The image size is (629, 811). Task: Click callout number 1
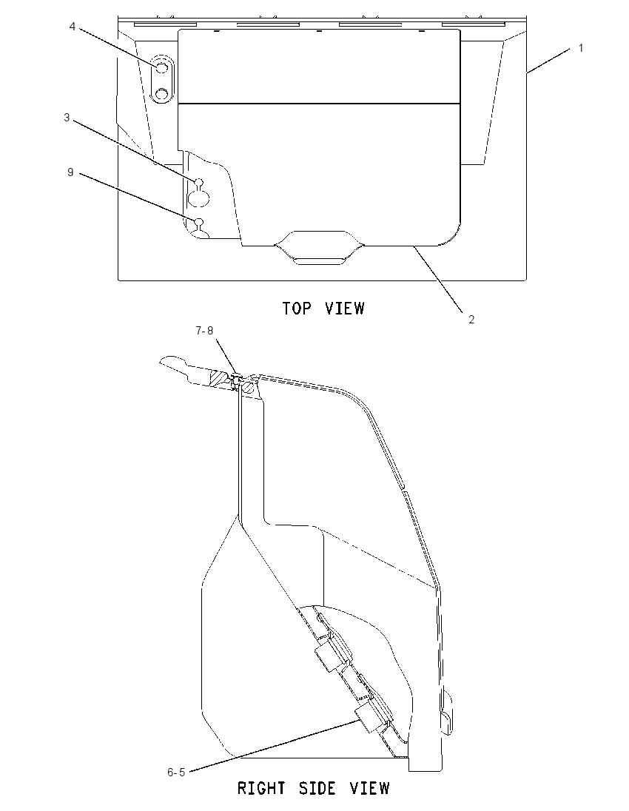pyautogui.click(x=581, y=48)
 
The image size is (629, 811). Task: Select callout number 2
pyautogui.click(x=471, y=320)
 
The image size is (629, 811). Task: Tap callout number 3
pyautogui.click(x=67, y=118)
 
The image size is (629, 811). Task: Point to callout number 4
pyautogui.click(x=73, y=27)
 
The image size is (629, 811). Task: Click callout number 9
pyautogui.click(x=71, y=172)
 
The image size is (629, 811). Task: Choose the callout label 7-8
pyautogui.click(x=204, y=331)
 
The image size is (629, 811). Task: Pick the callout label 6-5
pyautogui.click(x=176, y=773)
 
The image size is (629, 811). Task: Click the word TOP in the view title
pyautogui.click(x=297, y=309)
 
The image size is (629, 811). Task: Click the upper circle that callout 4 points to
pyautogui.click(x=161, y=68)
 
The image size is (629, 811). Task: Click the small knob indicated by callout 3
pyautogui.click(x=198, y=182)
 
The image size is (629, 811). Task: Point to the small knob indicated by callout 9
pyautogui.click(x=198, y=223)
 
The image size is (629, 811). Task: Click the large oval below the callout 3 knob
pyautogui.click(x=198, y=198)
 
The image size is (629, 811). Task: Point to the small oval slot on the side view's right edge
pyautogui.click(x=446, y=719)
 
